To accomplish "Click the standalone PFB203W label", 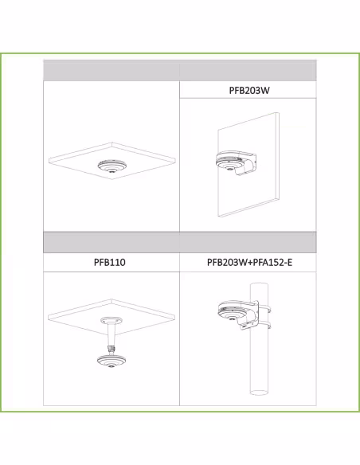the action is [x=249, y=90].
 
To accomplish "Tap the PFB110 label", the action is [x=110, y=262].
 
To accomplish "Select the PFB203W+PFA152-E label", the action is [x=249, y=262].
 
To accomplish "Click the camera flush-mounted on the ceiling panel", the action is [x=112, y=166].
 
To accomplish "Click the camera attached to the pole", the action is [x=232, y=312].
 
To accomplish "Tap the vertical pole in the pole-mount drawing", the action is [x=259, y=339].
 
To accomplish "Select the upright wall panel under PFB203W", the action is [x=248, y=165].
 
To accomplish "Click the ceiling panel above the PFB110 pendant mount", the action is [x=112, y=315].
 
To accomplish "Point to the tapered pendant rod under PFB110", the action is [x=112, y=334].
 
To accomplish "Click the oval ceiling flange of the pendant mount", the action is [x=112, y=320].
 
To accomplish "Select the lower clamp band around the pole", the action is [x=264, y=326].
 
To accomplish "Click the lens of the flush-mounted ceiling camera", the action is [x=112, y=171].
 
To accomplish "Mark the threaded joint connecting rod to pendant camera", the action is [x=112, y=349].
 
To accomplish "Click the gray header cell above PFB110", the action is [x=112, y=242].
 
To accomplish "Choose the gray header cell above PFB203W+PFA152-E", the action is [x=248, y=242].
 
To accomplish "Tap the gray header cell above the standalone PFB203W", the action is [x=248, y=70].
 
